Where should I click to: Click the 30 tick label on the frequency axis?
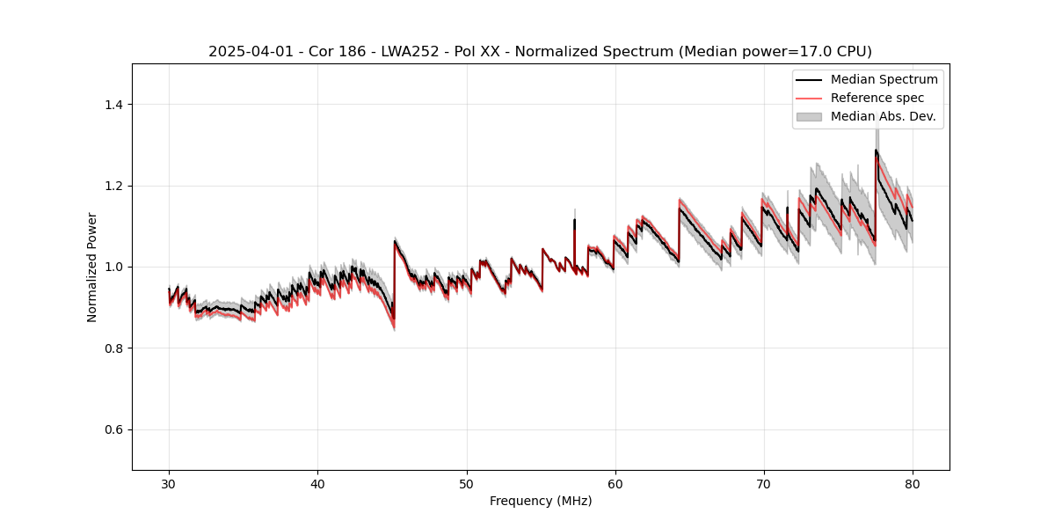[x=169, y=483]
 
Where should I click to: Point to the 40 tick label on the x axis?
[x=317, y=483]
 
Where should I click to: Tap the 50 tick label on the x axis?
[x=467, y=483]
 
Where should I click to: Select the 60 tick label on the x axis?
[x=615, y=483]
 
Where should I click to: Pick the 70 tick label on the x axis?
[x=764, y=483]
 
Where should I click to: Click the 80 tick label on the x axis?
[x=913, y=483]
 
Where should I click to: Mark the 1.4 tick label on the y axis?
[x=113, y=105]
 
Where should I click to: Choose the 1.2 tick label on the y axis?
[x=113, y=186]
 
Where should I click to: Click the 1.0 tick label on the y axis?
[x=113, y=267]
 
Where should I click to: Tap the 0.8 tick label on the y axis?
[x=113, y=348]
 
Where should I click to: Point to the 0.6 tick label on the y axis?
[x=113, y=429]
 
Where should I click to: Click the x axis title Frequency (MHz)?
[x=541, y=501]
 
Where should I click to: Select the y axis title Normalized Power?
[x=92, y=267]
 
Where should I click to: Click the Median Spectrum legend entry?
[x=884, y=80]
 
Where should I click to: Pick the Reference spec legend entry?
[x=877, y=98]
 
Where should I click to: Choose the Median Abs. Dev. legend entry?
[x=883, y=116]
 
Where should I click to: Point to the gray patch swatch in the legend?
[x=809, y=116]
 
